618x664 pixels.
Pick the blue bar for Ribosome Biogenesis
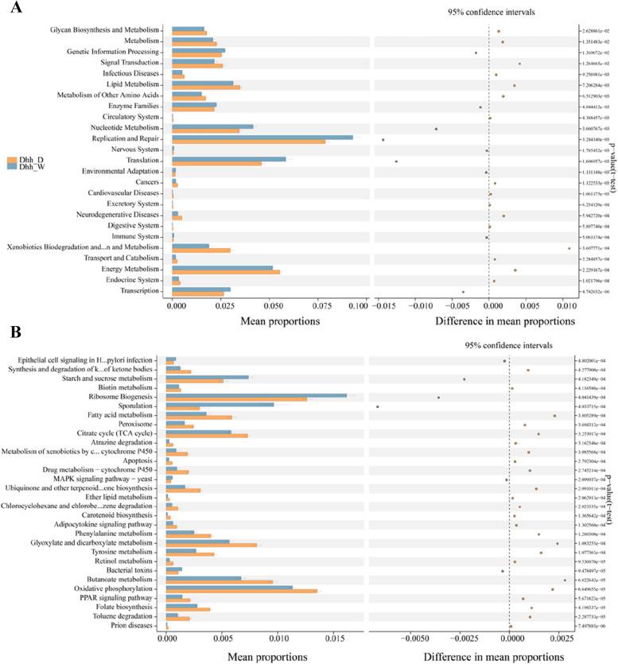(x=256, y=394)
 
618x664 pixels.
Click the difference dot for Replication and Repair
(x=383, y=139)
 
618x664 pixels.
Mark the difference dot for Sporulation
(x=377, y=407)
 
